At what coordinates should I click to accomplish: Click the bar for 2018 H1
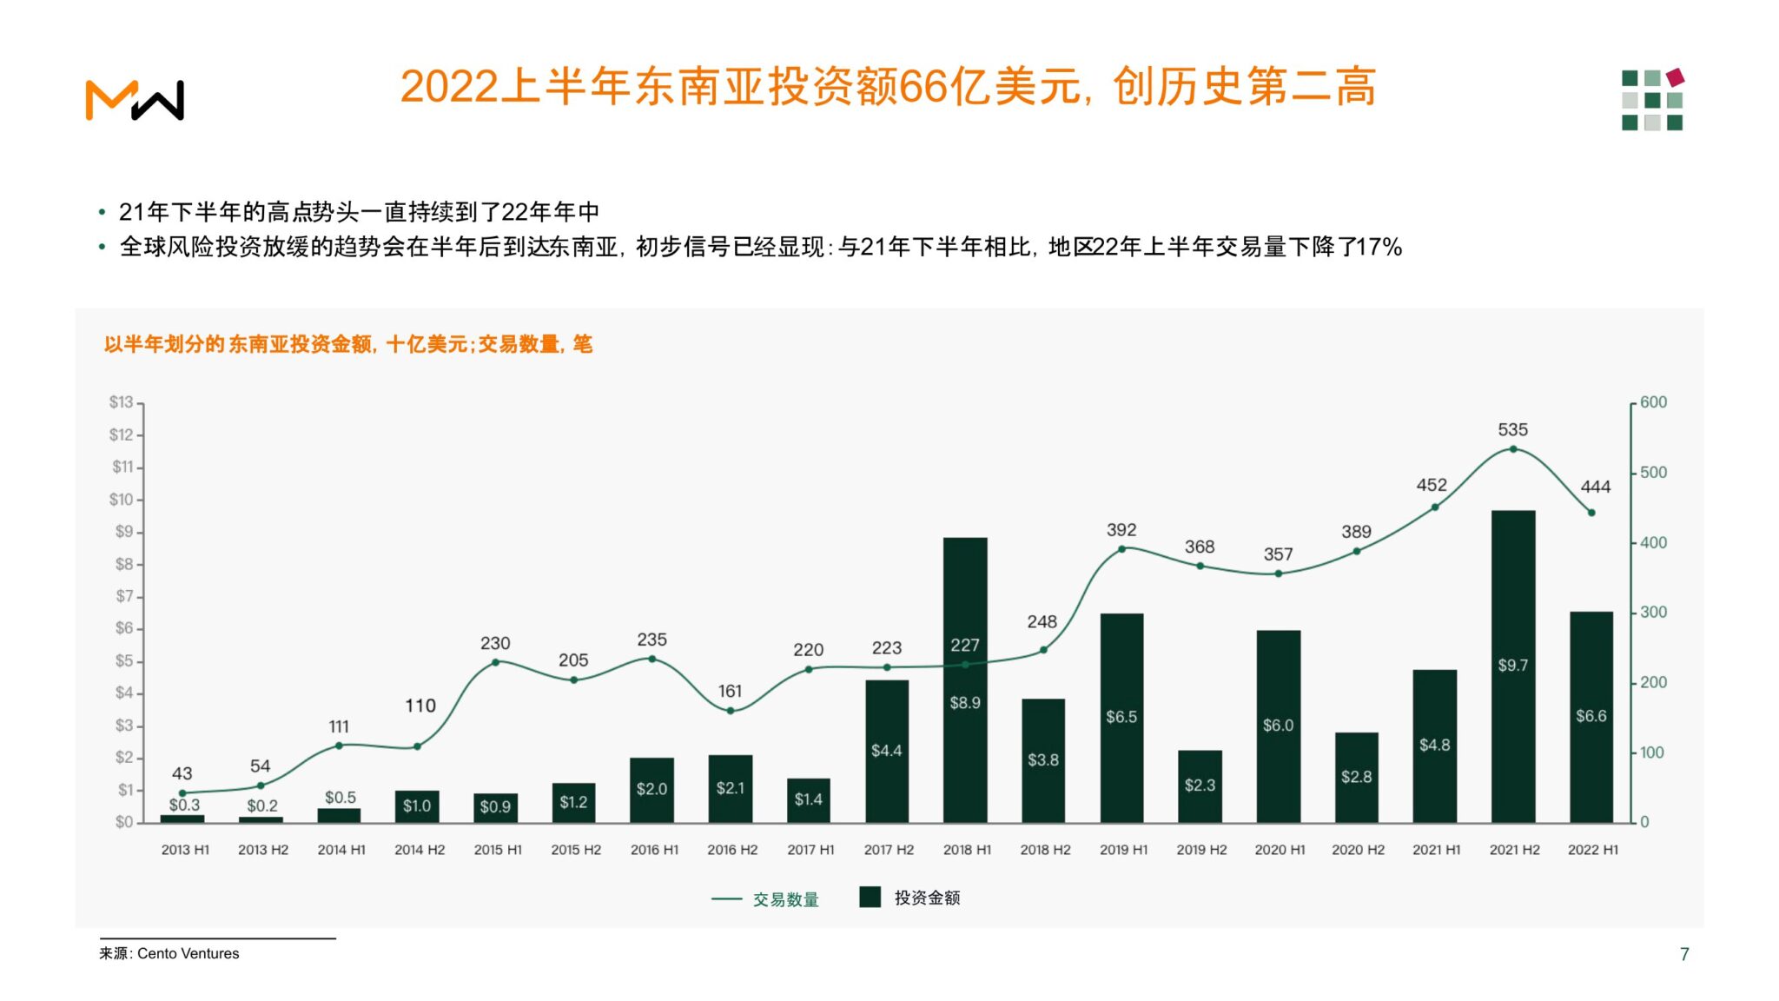[x=965, y=679]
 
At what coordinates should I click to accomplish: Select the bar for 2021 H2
[x=1513, y=666]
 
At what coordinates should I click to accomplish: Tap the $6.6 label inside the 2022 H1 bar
[x=1591, y=716]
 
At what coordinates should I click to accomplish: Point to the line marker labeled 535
[x=1513, y=449]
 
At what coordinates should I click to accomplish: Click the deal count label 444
[x=1596, y=487]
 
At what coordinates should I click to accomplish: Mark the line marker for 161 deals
[x=731, y=711]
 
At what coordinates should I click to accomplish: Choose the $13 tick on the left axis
[x=122, y=402]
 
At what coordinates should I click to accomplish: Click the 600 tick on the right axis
[x=1653, y=402]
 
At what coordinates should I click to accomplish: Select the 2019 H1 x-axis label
[x=1123, y=850]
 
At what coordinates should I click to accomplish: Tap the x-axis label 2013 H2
[x=263, y=850]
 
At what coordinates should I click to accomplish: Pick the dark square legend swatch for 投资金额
[x=870, y=897]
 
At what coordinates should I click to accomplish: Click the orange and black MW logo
[x=135, y=100]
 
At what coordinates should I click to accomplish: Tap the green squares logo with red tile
[x=1653, y=99]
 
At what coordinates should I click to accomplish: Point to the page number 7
[x=1684, y=954]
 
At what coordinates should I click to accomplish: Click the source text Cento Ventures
[x=188, y=953]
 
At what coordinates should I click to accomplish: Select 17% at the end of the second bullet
[x=1379, y=248]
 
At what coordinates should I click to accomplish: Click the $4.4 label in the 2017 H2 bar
[x=886, y=750]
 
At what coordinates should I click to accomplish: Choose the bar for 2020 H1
[x=1279, y=726]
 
